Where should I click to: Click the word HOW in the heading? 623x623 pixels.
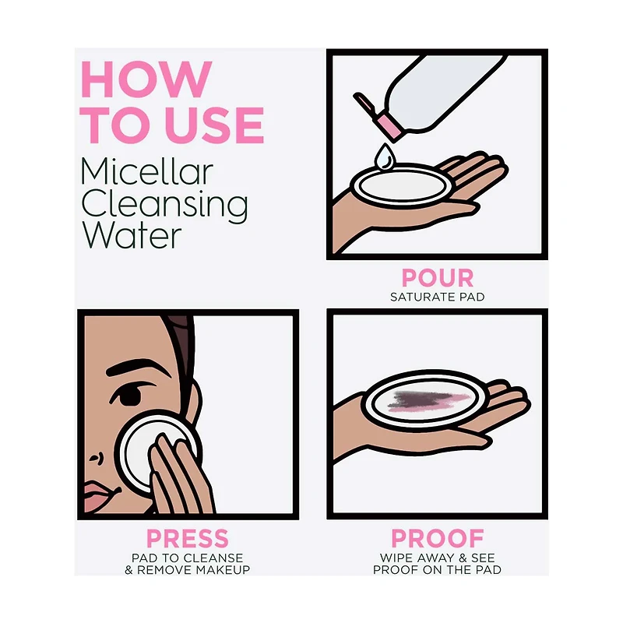pos(146,79)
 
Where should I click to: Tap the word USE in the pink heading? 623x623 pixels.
pos(216,125)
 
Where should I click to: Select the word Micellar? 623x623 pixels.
pos(147,171)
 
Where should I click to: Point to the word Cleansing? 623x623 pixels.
pos(164,206)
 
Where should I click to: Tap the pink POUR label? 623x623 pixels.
pos(438,278)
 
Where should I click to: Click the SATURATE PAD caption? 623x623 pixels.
pos(438,297)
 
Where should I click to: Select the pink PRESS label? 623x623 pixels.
pos(188,538)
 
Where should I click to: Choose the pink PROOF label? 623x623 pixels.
pos(438,538)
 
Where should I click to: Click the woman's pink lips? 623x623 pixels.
pos(100,495)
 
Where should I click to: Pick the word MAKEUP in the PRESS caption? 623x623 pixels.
pos(223,570)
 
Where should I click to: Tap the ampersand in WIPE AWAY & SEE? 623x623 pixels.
pos(463,558)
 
